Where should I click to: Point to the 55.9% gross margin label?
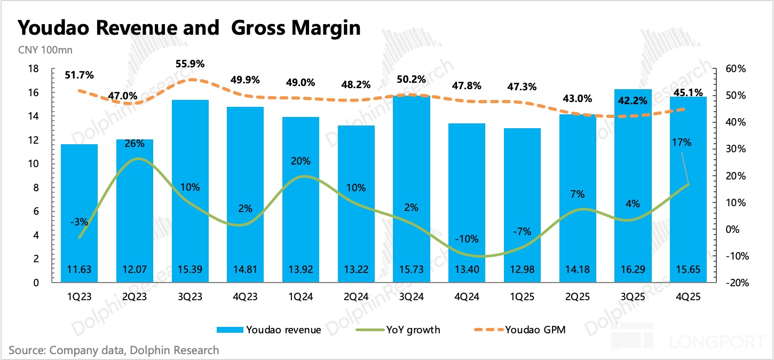point(190,64)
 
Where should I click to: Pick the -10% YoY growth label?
point(467,239)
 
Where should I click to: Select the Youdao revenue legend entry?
point(269,330)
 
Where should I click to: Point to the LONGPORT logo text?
point(715,341)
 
